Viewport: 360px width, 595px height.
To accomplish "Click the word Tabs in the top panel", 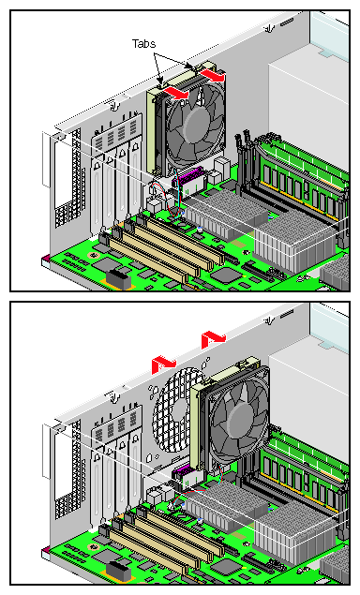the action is pos(143,44).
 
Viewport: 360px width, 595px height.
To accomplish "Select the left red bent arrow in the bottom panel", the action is pos(163,364).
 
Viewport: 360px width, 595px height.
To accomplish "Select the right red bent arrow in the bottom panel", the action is pos(213,339).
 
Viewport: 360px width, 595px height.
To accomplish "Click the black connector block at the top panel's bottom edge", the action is pos(118,278).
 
